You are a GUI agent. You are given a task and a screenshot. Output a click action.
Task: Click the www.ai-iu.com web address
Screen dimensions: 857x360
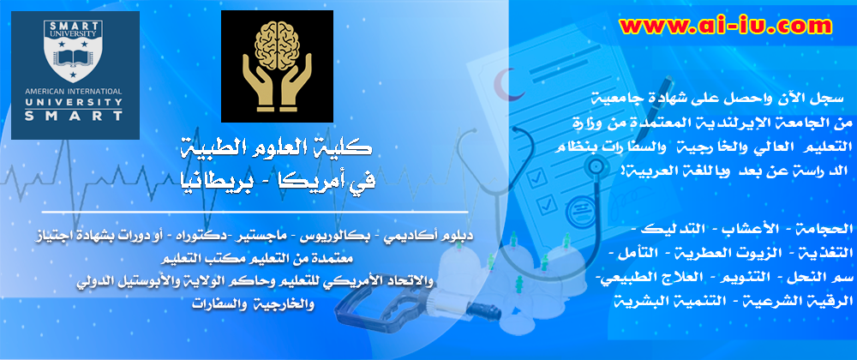pos(726,26)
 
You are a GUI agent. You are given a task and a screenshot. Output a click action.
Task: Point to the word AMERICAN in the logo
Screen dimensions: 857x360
pos(46,91)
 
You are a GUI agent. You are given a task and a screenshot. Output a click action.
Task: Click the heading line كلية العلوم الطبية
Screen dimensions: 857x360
pos(276,147)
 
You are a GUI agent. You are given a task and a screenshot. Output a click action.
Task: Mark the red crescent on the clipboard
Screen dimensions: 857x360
pos(504,85)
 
